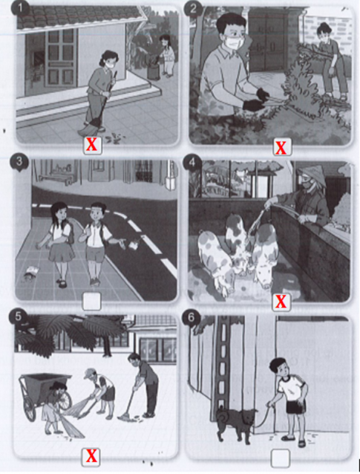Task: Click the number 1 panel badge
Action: coord(20,8)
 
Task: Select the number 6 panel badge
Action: coord(192,318)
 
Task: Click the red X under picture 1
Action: coord(92,145)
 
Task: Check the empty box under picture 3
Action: coord(91,301)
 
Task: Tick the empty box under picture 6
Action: coord(281,458)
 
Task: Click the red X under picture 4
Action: coord(281,302)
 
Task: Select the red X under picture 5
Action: coord(91,456)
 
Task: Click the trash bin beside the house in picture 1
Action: coord(154,71)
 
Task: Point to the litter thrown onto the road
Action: coord(132,244)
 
